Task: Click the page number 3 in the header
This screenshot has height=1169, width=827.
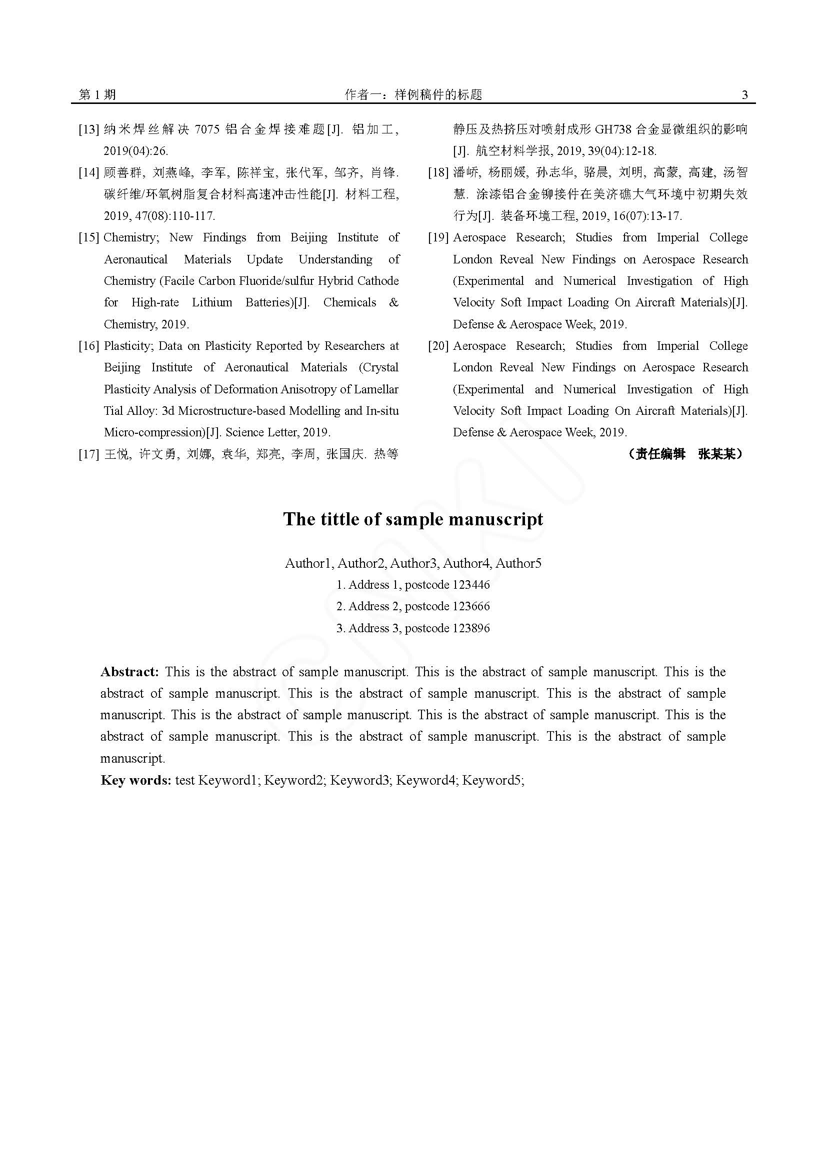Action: point(744,94)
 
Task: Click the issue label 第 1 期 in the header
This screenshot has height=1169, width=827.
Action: point(97,94)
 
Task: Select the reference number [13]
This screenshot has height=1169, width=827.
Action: point(88,130)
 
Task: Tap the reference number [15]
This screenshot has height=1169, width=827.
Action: point(88,238)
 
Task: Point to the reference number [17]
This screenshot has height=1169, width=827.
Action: point(88,454)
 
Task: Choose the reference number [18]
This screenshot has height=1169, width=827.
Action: point(438,172)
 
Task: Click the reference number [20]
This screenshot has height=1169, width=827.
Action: point(438,346)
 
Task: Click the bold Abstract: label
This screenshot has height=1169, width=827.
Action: point(130,672)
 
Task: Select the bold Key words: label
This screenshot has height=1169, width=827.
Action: point(135,780)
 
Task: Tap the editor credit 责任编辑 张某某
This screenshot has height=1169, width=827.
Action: point(685,454)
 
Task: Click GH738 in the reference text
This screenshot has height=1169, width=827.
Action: point(613,130)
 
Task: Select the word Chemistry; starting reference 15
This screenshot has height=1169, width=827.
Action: point(131,238)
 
